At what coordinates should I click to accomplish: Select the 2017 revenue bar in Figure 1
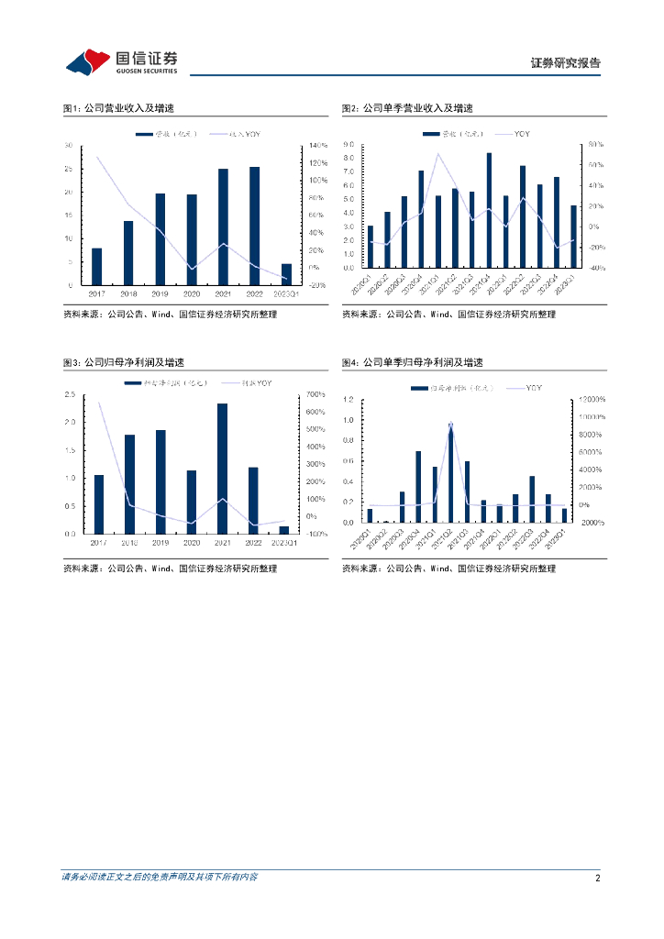tap(97, 266)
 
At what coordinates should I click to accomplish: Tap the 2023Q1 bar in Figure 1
tap(286, 274)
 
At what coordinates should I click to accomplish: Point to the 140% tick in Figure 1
tap(318, 146)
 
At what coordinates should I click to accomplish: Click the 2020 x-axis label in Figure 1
tap(192, 294)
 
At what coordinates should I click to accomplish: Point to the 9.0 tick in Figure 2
tap(348, 145)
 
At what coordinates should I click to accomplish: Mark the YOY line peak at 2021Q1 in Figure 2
tap(438, 153)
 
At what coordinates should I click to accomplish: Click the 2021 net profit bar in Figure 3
tap(223, 469)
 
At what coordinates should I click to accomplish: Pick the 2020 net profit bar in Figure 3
tap(192, 502)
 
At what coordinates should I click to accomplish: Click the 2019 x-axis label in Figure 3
tap(160, 543)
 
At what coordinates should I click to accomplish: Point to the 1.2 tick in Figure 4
tap(348, 400)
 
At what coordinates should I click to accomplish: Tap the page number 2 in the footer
tap(597, 878)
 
